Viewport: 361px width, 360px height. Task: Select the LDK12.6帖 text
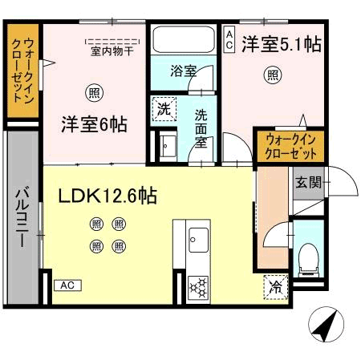click(107, 195)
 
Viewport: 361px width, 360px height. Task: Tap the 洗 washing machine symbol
click(163, 109)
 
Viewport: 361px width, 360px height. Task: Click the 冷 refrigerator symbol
click(274, 284)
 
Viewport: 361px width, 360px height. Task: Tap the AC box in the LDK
click(67, 285)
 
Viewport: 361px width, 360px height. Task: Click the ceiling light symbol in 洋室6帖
click(94, 92)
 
